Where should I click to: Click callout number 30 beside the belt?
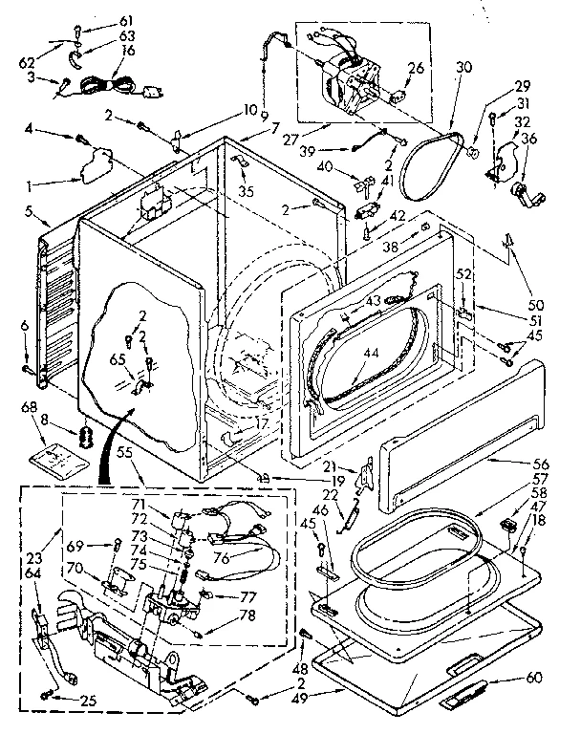464,68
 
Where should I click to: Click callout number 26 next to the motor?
415,68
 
